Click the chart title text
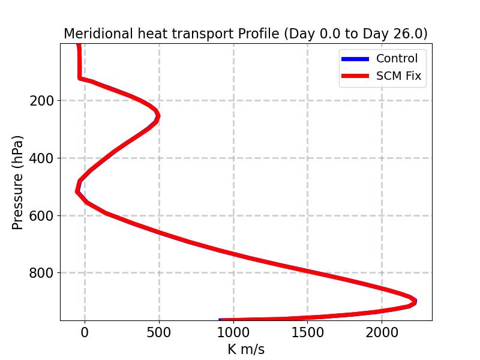(x=245, y=34)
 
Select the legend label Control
(x=397, y=58)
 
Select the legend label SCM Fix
(x=398, y=76)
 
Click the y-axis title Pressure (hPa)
(x=18, y=182)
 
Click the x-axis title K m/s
(x=246, y=349)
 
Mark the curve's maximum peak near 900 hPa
(x=414, y=301)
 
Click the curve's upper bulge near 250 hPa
(x=157, y=116)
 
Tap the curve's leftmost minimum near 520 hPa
(x=77, y=191)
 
